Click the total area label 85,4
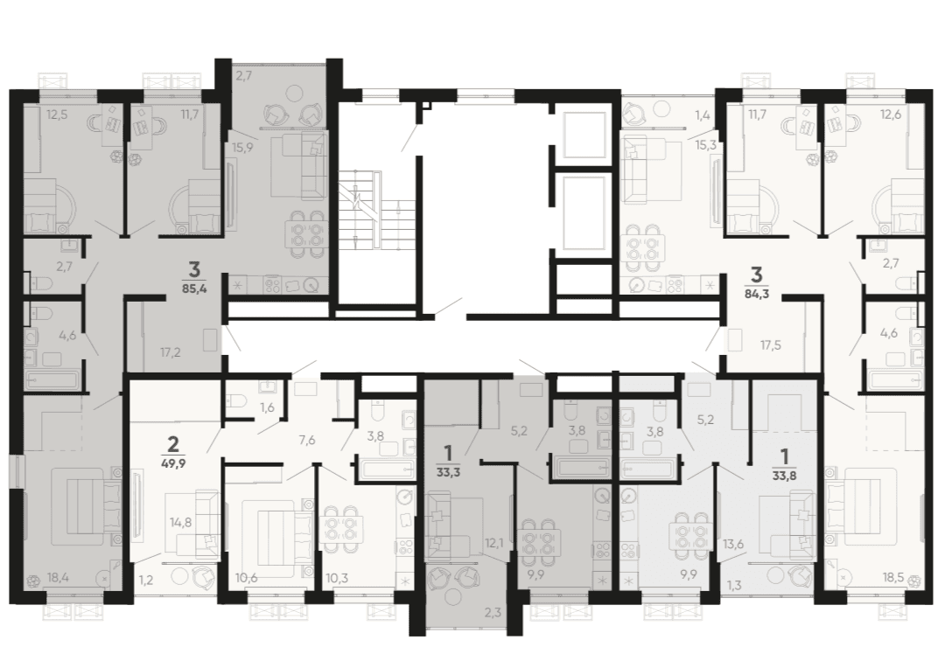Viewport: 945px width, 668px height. pos(194,289)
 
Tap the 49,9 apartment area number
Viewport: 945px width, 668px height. pos(172,463)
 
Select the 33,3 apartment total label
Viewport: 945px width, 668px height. pos(448,473)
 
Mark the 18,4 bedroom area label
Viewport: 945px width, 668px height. pos(58,578)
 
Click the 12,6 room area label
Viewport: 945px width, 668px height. pos(890,114)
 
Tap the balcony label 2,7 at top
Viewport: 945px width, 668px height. pos(243,76)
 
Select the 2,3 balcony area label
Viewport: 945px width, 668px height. pos(493,614)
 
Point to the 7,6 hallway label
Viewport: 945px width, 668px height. pos(307,441)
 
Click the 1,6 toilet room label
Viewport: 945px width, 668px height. pos(267,407)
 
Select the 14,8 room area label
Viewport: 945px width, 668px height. pos(181,522)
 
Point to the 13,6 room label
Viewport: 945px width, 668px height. pos(733,544)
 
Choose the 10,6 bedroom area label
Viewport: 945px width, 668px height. pos(247,579)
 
